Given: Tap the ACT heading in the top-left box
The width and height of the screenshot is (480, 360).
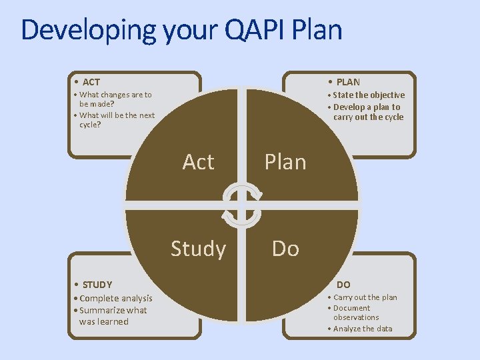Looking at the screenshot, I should click(x=91, y=82).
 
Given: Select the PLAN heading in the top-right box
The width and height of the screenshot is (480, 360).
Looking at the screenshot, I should click(x=348, y=82).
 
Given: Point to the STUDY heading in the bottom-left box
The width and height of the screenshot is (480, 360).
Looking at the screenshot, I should click(x=97, y=285).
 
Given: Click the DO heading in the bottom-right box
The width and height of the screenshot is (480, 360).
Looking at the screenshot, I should click(x=343, y=285).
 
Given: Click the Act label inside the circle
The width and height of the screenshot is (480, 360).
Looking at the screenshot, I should click(x=198, y=162).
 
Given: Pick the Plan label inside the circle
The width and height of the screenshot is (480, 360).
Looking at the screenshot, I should click(x=285, y=162).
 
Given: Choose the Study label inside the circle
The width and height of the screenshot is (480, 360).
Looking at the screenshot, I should click(x=198, y=249).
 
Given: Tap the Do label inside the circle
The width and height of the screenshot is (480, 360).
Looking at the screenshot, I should click(x=285, y=249).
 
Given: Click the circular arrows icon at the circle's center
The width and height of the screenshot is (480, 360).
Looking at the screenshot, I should click(x=242, y=205).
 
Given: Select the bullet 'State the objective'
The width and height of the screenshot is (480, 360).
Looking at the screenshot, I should click(x=369, y=95).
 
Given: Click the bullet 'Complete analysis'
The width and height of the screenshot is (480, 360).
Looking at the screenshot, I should click(x=115, y=299).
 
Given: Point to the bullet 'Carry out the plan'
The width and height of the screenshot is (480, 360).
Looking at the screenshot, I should click(x=365, y=297).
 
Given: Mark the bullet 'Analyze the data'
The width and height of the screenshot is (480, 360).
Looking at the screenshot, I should click(x=363, y=329).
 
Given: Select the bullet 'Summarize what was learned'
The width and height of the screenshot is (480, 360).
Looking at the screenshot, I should click(x=113, y=315).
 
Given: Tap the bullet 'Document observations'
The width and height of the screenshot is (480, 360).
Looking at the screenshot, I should click(x=355, y=313).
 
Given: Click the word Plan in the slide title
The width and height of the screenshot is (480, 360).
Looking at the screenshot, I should click(x=317, y=30).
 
